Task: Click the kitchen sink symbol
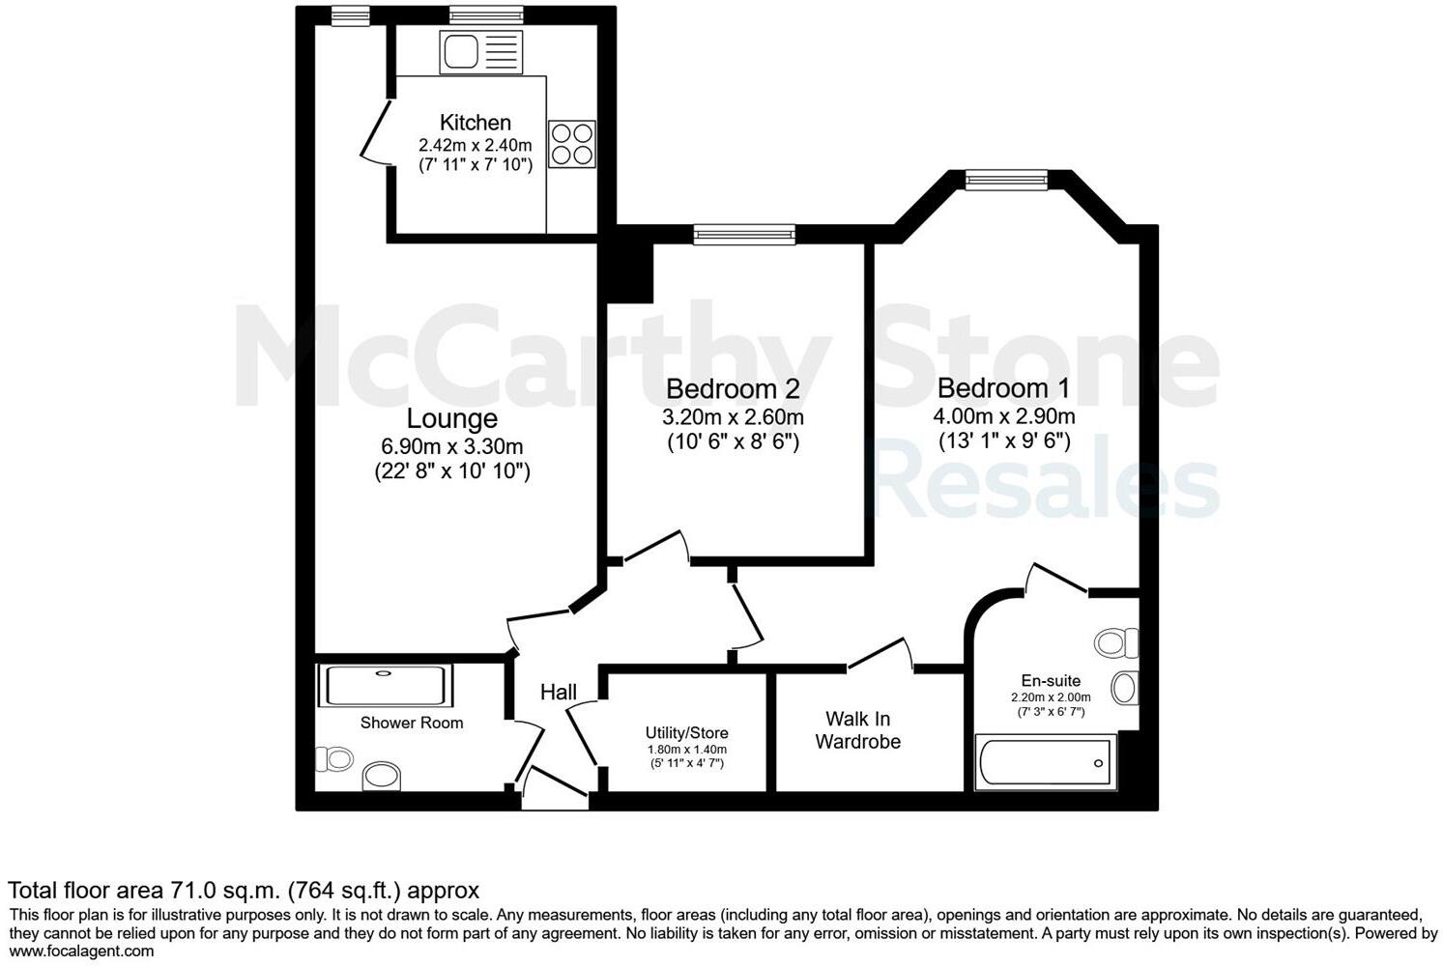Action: tap(480, 52)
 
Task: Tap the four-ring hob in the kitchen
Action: tap(571, 144)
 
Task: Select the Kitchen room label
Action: tap(475, 123)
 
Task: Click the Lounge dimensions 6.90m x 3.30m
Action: tap(452, 446)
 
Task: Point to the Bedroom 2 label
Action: tap(733, 389)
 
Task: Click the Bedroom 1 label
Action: tap(1003, 388)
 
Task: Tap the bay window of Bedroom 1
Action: tap(1005, 179)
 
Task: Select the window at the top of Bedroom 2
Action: tap(744, 233)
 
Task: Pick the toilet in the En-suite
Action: tap(1118, 642)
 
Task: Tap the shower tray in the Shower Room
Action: tap(385, 685)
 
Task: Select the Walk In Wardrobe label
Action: tap(857, 730)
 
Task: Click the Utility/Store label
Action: tap(686, 733)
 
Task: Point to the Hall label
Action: tap(558, 692)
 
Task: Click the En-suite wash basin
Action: tap(1123, 688)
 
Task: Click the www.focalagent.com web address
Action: tap(81, 951)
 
